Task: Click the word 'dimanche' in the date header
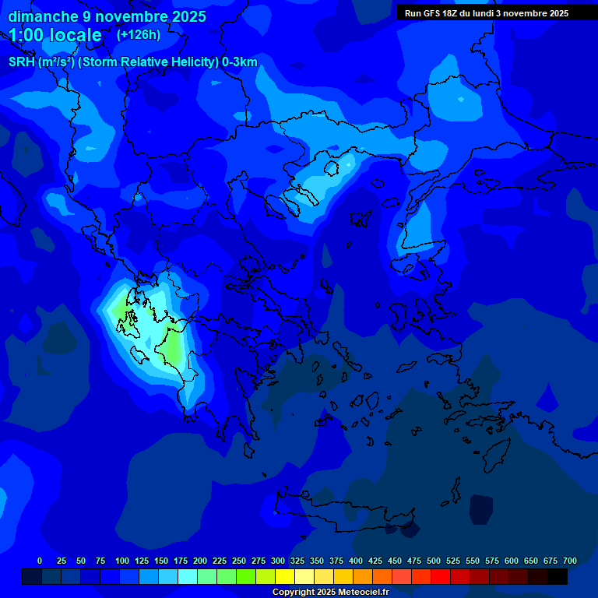(x=42, y=16)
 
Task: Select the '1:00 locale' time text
(x=55, y=35)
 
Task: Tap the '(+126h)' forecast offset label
(x=139, y=35)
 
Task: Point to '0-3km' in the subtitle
(x=240, y=62)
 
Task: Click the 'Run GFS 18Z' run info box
(x=487, y=13)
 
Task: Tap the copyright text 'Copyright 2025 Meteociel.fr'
(x=330, y=592)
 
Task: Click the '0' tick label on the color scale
(x=40, y=561)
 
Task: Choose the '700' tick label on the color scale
(x=570, y=561)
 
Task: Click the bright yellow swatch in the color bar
(x=285, y=577)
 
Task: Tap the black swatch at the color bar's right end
(x=558, y=577)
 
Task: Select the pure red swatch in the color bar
(x=441, y=577)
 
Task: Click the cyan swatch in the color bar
(x=188, y=577)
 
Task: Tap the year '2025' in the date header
(x=188, y=16)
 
